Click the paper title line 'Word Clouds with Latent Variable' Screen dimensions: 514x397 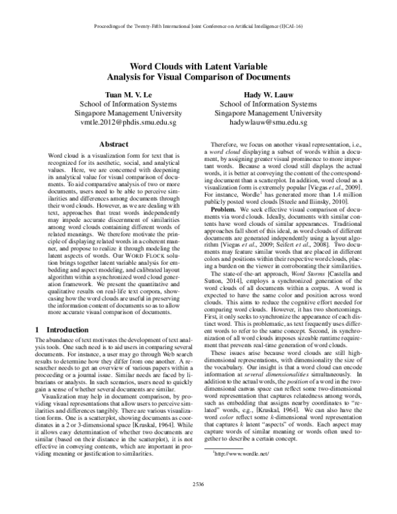(198, 67)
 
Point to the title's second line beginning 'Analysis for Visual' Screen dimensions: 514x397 (198, 77)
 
